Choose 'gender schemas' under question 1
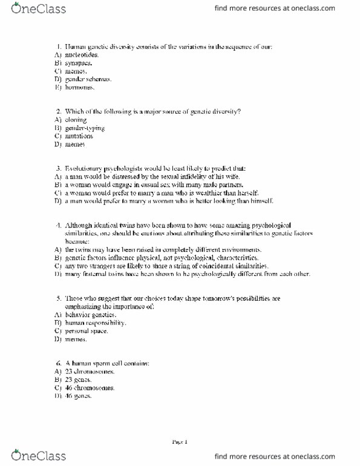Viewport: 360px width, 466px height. (x=88, y=79)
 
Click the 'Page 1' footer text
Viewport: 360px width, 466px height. (x=180, y=442)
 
